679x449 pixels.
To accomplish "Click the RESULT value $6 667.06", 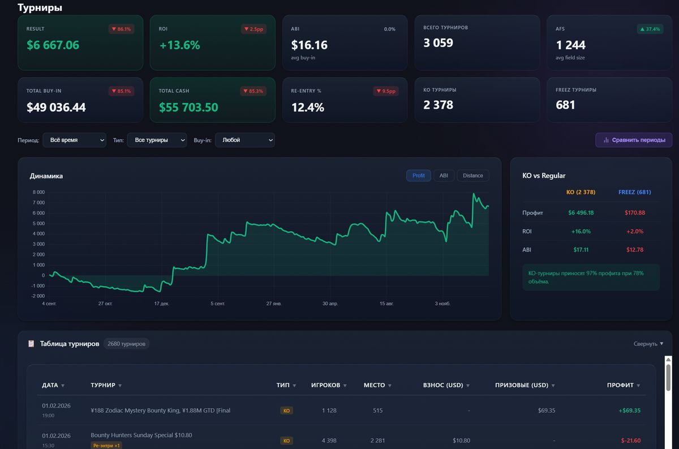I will (x=53, y=45).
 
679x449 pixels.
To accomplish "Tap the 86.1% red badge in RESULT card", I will (x=121, y=29).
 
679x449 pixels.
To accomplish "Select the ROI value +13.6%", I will (x=179, y=45).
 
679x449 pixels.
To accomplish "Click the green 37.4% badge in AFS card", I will (x=650, y=29).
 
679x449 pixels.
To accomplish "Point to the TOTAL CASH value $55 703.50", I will (x=188, y=108).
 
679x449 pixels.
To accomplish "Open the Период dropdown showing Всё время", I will (x=74, y=140).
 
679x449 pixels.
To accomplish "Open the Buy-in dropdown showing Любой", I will (x=244, y=140).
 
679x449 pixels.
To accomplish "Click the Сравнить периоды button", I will (x=634, y=140).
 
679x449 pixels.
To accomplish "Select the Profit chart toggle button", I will (x=418, y=176).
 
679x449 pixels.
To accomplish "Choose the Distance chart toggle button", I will (x=472, y=176).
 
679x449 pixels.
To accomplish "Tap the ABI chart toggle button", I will (x=444, y=176).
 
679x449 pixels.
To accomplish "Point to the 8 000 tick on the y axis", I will (x=38, y=193).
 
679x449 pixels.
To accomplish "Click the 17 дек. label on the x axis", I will (x=161, y=304).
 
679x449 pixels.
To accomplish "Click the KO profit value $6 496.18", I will (x=581, y=213).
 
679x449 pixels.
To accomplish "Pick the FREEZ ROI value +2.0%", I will (x=634, y=231).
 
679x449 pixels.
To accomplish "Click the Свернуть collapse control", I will (x=648, y=344).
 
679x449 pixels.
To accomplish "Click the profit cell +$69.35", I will (x=629, y=410).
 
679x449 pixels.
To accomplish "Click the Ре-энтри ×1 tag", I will (x=106, y=446).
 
